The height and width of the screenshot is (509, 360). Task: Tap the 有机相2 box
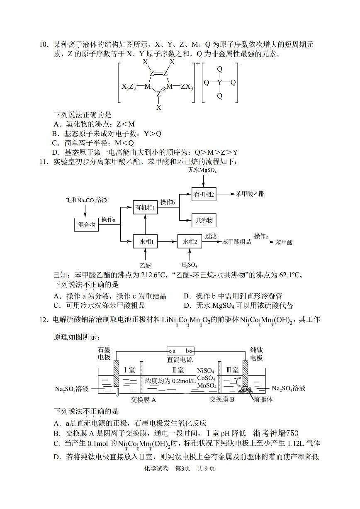tap(204, 194)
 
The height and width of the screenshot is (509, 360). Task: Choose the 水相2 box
tap(190, 241)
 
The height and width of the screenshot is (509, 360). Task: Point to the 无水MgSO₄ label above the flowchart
tap(203, 170)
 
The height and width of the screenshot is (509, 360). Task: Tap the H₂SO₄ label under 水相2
tap(189, 265)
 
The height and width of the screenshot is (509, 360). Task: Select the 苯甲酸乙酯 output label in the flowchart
tap(250, 194)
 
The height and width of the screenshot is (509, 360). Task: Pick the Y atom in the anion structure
tap(220, 82)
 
